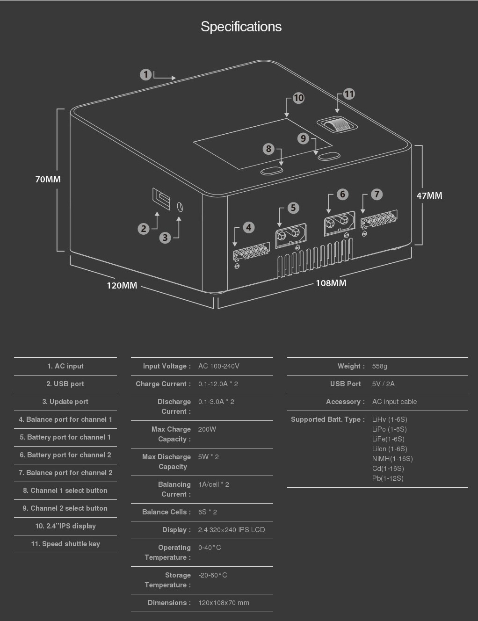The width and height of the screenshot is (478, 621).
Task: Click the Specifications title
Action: tap(241, 27)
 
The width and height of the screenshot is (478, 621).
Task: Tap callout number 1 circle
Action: tap(146, 74)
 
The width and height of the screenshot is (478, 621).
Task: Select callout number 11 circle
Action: tap(349, 94)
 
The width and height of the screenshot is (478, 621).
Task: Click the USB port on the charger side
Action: tap(161, 198)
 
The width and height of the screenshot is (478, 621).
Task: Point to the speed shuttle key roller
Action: tap(337, 125)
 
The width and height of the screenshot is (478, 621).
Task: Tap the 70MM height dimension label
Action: tap(48, 179)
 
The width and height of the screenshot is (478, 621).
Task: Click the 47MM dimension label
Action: tap(429, 195)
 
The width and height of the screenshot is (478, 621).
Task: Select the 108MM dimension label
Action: tap(331, 283)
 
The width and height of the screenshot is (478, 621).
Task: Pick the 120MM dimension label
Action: tap(122, 285)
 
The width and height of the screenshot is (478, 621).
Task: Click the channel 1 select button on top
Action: tap(272, 170)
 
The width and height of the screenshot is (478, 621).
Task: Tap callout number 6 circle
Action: tap(343, 194)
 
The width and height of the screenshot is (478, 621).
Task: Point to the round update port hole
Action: tap(180, 207)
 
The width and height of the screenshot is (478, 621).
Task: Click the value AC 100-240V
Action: tap(218, 366)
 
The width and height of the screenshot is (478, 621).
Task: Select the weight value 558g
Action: tap(379, 366)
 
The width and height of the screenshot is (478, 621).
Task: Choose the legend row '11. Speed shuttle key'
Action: tap(65, 544)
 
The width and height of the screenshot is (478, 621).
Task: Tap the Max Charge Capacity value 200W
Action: tap(207, 429)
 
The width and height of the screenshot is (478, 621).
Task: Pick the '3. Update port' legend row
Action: tap(65, 402)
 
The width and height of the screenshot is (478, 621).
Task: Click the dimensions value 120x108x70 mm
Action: tap(224, 603)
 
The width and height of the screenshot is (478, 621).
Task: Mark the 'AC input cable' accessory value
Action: tap(394, 402)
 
